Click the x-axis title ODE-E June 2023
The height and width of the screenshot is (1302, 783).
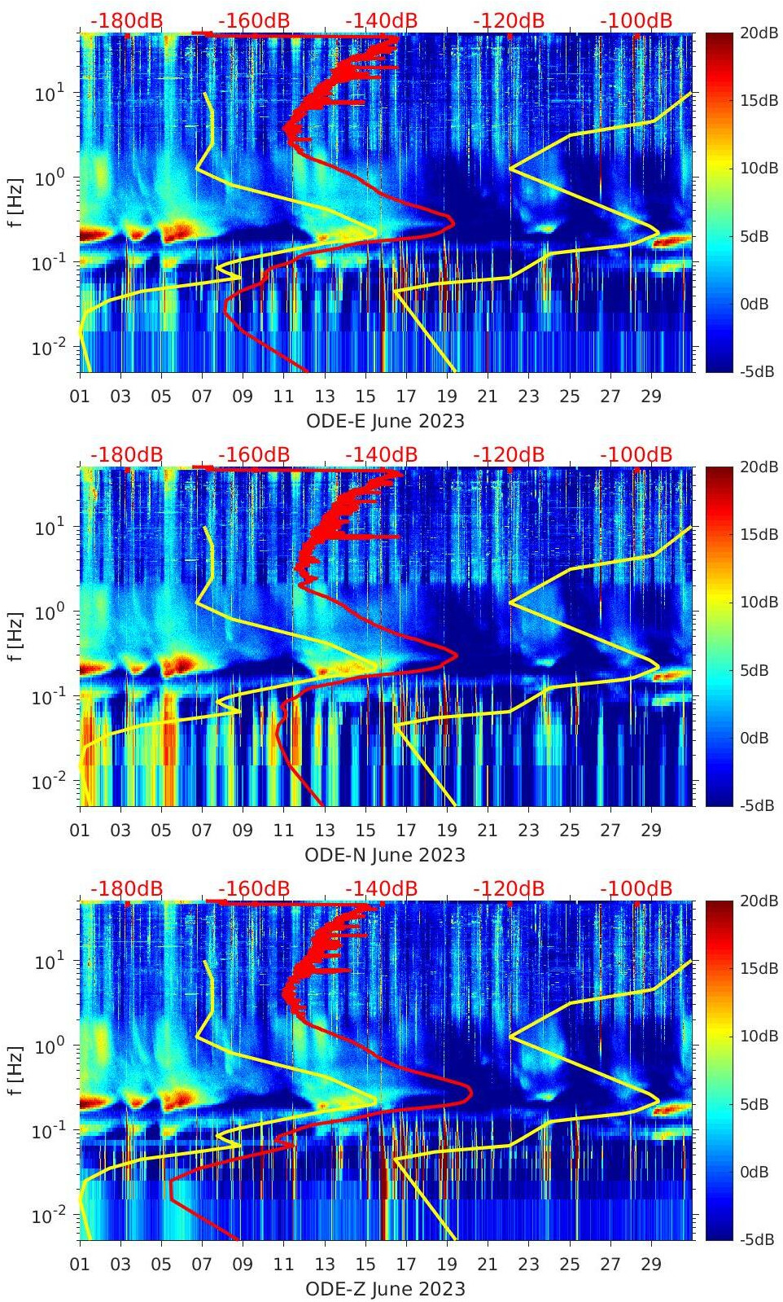(x=385, y=421)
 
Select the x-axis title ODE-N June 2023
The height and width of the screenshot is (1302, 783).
(x=385, y=855)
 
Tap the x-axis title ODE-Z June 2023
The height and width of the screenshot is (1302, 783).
(x=385, y=1289)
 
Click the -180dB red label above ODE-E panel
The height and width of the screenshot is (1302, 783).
(x=126, y=20)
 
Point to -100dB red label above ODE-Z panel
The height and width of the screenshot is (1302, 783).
(x=636, y=888)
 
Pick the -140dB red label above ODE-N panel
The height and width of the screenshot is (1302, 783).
(x=381, y=454)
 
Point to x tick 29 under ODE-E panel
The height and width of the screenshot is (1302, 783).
(x=650, y=397)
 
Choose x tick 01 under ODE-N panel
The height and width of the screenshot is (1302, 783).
(x=80, y=831)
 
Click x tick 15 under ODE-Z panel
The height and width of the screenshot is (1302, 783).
(x=365, y=1265)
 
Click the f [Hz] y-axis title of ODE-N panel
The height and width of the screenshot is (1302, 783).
(x=15, y=636)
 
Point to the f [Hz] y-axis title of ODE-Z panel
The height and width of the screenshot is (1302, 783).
(x=15, y=1070)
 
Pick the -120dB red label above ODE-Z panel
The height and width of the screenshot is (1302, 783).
(x=509, y=888)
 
